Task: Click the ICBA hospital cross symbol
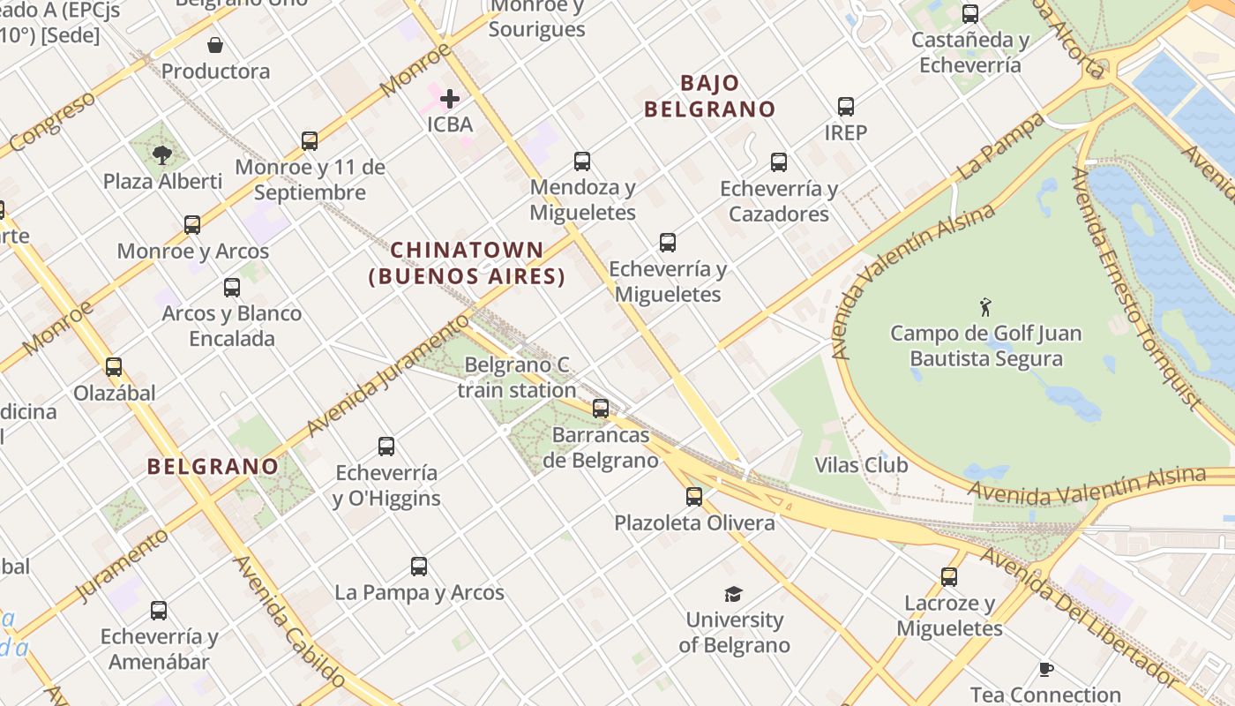tap(450, 98)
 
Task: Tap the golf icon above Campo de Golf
tap(985, 307)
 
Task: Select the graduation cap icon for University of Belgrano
tap(733, 594)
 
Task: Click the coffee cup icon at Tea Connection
tap(1045, 669)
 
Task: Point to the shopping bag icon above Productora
tap(215, 44)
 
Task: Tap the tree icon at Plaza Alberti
tap(161, 155)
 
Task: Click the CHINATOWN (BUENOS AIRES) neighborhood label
tap(467, 263)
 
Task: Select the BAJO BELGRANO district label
tap(709, 96)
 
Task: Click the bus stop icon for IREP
tap(846, 107)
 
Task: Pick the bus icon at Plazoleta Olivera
tap(694, 497)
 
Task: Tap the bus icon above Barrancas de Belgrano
tap(601, 409)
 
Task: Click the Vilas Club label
tap(860, 465)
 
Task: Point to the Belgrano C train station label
tap(517, 377)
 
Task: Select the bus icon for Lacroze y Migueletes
tap(949, 577)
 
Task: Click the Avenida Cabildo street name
tap(290, 622)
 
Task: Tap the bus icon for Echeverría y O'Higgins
tap(386, 447)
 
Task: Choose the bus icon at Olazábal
tap(114, 367)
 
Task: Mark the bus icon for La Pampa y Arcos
tap(419, 567)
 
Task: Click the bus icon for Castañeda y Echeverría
tap(970, 14)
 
